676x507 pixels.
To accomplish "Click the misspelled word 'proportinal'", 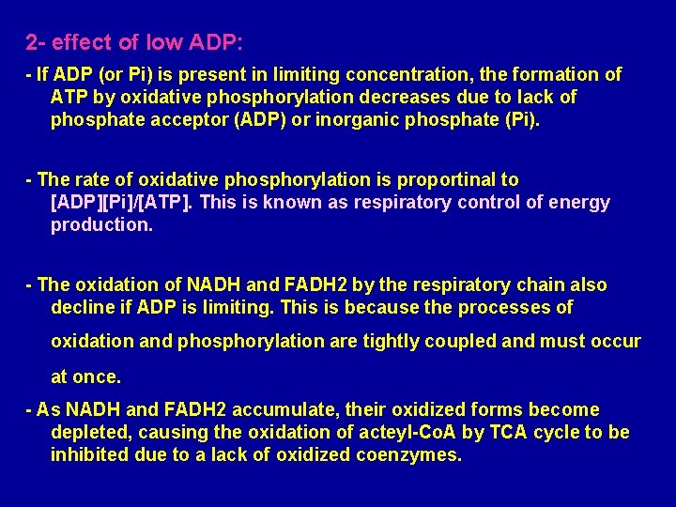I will click(422, 179).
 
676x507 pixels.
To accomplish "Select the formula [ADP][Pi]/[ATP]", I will click(119, 202).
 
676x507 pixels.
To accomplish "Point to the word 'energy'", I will click(578, 202).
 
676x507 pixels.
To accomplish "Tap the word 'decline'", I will click(83, 307).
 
